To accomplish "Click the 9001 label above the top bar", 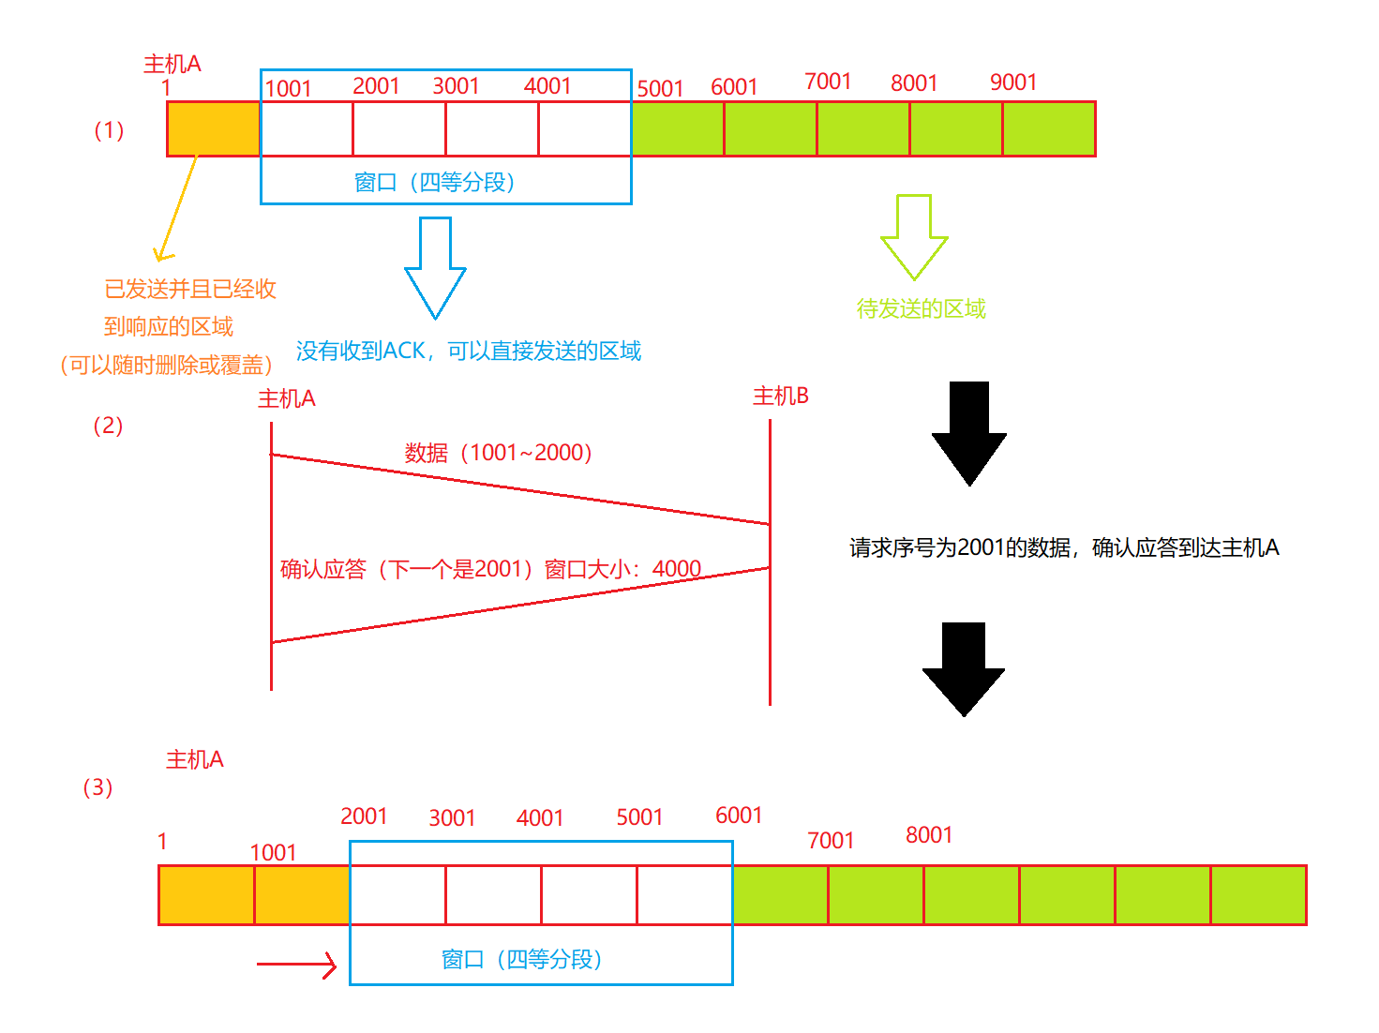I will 1012,82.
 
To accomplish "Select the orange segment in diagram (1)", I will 214,129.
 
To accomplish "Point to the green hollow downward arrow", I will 914,238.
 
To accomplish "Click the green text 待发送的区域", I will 921,309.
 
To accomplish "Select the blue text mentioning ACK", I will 469,352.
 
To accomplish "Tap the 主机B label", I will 780,397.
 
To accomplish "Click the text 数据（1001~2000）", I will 498,454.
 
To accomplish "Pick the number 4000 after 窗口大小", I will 676,569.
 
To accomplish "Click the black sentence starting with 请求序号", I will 1064,548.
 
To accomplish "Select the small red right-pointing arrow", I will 297,965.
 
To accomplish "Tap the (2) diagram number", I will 108,426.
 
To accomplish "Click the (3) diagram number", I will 97,787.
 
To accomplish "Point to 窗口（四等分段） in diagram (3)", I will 521,960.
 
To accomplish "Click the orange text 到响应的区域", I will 169,327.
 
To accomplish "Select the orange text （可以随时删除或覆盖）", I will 166,366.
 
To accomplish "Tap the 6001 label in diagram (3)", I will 739,816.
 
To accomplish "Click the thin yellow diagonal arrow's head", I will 161,256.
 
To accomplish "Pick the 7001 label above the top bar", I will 828,82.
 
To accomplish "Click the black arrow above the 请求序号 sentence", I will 969,433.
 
